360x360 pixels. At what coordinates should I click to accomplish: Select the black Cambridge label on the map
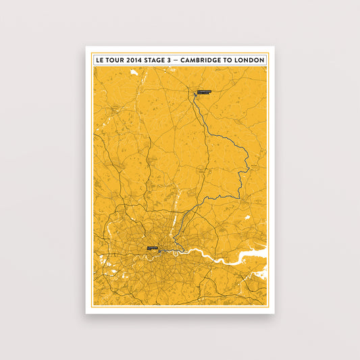(204, 91)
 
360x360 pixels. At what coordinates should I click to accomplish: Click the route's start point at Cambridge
(197, 95)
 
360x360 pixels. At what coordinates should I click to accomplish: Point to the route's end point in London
(159, 251)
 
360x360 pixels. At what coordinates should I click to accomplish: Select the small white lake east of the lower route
(247, 217)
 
